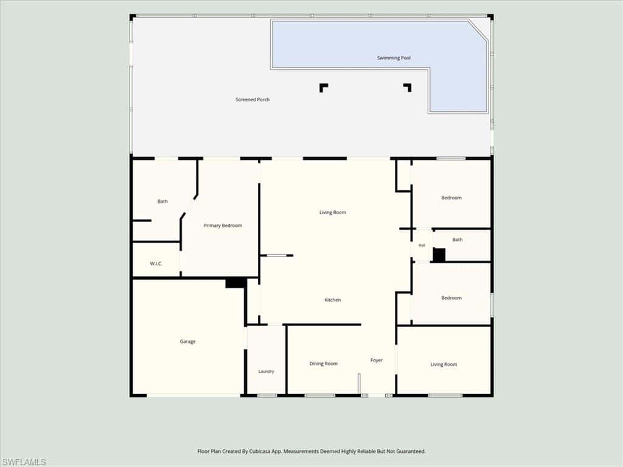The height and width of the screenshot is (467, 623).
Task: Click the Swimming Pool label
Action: [x=394, y=58]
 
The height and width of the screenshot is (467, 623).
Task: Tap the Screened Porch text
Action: [x=252, y=100]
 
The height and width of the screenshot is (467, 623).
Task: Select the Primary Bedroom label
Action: [x=223, y=226]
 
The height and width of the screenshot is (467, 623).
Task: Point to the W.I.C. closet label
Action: [x=156, y=264]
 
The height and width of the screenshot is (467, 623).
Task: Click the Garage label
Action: [x=187, y=342]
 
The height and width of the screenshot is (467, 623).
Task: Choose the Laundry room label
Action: [x=266, y=372]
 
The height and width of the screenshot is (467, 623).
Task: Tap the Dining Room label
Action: [x=324, y=364]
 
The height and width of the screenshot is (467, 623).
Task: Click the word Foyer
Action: [x=377, y=360]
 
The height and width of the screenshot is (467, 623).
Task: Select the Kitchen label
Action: [x=333, y=300]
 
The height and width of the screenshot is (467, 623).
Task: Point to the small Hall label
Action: [x=422, y=246]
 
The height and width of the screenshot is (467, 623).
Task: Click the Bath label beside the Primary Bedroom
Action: [x=162, y=201]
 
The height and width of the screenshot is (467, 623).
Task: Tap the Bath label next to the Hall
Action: [x=458, y=240]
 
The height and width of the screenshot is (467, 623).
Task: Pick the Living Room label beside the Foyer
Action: [x=444, y=365]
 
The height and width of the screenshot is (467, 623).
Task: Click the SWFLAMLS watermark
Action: [x=24, y=462]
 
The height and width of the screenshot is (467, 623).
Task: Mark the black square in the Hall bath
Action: [x=439, y=255]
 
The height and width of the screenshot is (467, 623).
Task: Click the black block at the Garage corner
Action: [x=234, y=283]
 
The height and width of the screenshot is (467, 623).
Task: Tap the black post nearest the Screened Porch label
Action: [x=324, y=88]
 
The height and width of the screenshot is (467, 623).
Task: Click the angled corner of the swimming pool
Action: [x=478, y=30]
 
